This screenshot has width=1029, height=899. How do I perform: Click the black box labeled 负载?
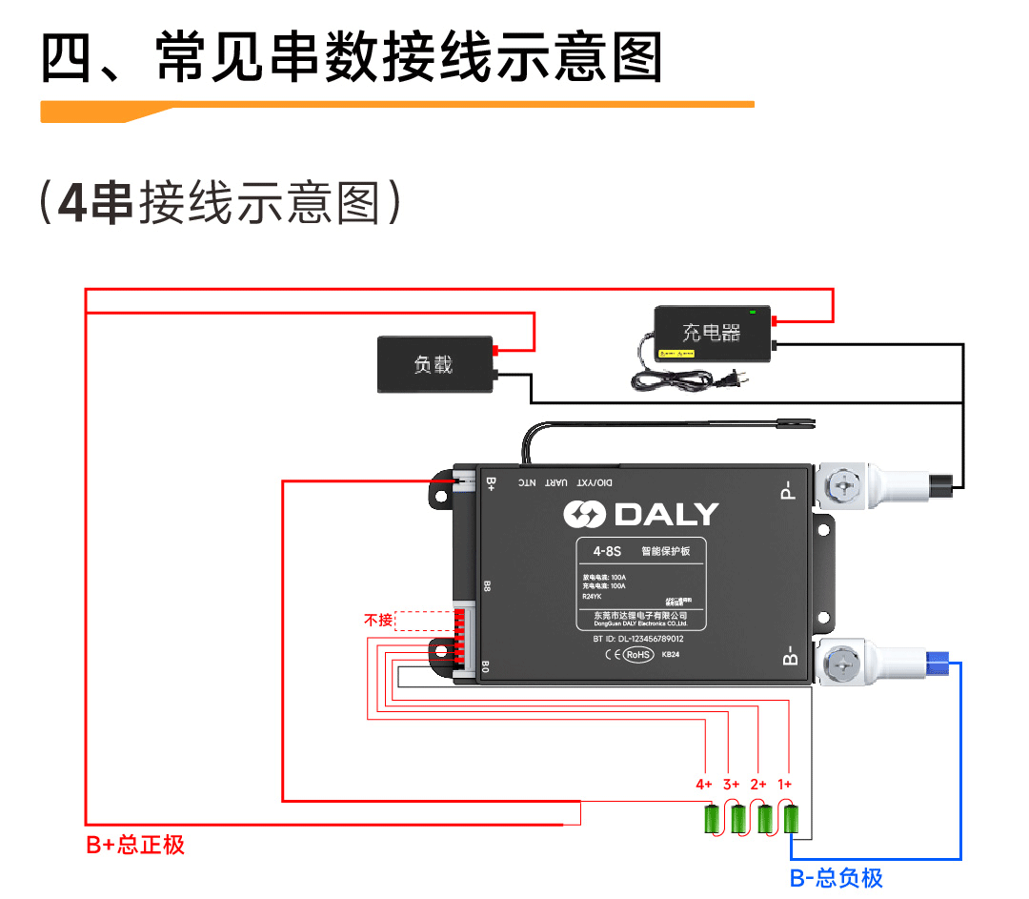point(434,364)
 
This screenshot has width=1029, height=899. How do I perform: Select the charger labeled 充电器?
point(711,333)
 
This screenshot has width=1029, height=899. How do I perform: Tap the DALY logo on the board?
point(640,515)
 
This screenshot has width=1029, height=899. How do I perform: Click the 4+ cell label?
point(704,784)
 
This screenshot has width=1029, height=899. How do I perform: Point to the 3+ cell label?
point(731,784)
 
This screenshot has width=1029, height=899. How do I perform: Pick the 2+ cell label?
point(758,784)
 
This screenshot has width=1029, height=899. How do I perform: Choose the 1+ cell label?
point(785,784)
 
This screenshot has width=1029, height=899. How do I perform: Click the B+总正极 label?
point(135,845)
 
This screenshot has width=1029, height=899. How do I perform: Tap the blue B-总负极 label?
point(837,878)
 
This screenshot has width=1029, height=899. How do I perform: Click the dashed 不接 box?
point(422,621)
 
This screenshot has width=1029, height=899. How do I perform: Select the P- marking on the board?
point(787,490)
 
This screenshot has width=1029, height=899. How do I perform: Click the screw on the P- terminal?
point(842,484)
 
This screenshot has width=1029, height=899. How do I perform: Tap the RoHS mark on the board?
point(636,654)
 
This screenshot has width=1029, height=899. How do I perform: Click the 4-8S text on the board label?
point(607,550)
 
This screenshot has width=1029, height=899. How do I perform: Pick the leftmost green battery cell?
point(711,820)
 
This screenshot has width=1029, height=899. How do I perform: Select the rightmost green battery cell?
point(790,820)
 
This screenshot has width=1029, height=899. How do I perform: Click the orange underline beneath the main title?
point(396,110)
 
